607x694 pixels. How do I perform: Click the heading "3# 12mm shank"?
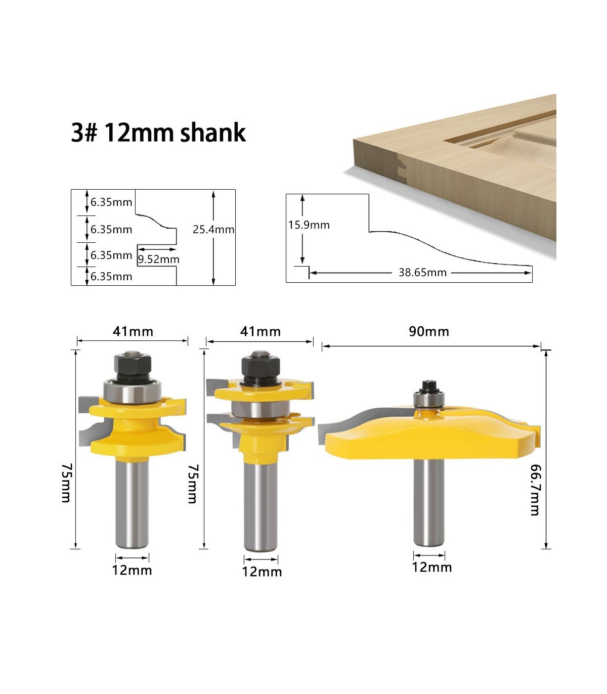[x=158, y=133]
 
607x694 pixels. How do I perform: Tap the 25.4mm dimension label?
[x=213, y=229]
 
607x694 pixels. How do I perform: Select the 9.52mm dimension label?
[x=158, y=259]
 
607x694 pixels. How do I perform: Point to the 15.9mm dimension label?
[x=309, y=225]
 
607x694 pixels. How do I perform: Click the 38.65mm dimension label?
[x=422, y=272]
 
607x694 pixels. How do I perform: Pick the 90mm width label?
[x=429, y=331]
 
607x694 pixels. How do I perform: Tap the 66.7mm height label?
[x=536, y=490]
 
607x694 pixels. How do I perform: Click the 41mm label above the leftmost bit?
[x=133, y=331]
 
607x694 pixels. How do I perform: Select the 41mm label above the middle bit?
[x=261, y=331]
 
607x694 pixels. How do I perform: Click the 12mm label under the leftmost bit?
[x=132, y=570]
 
